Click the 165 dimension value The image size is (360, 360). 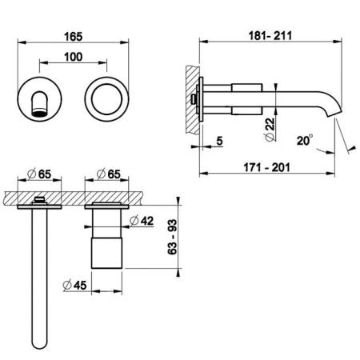click(x=74, y=37)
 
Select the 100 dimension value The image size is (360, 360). click(x=74, y=57)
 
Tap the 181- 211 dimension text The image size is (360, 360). click(x=270, y=36)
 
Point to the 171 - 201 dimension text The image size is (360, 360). click(x=266, y=167)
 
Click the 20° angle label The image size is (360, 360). click(x=305, y=140)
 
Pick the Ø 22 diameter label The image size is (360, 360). click(x=270, y=130)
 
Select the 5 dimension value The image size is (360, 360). click(x=219, y=141)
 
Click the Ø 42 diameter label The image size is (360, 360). click(x=142, y=221)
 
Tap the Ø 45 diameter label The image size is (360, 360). click(x=75, y=286)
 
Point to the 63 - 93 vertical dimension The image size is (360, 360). click(x=172, y=237)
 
